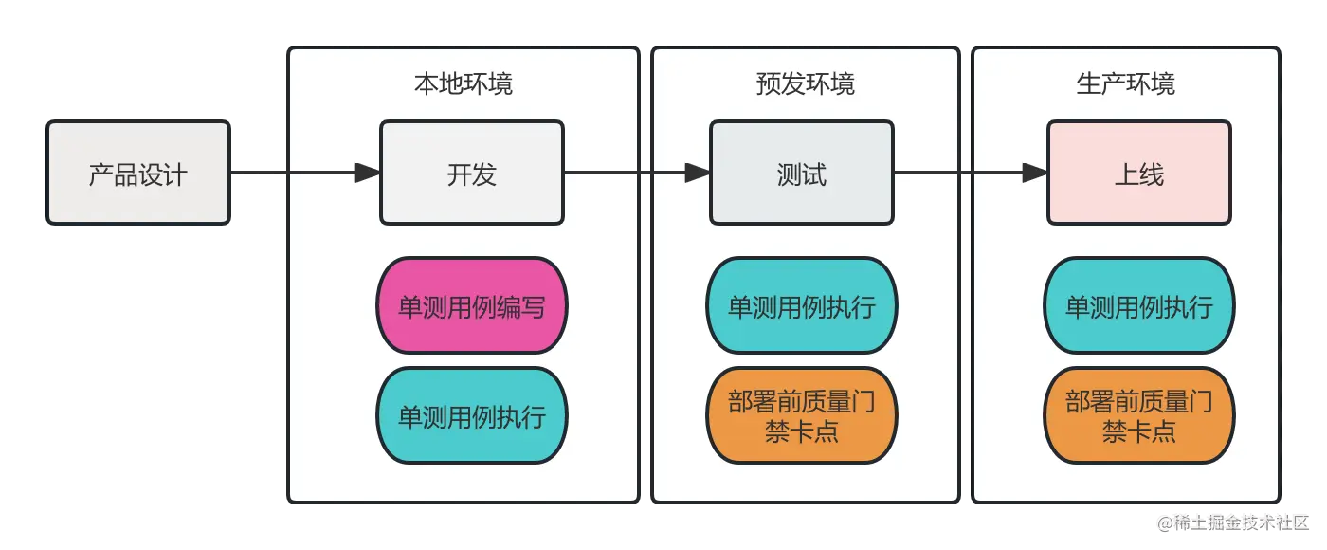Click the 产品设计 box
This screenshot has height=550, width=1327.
click(x=138, y=174)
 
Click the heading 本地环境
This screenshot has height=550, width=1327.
click(x=464, y=83)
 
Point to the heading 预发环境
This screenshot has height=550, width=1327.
click(x=806, y=83)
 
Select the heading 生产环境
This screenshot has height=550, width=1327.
click(x=1126, y=83)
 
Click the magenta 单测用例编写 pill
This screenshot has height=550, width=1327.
click(x=472, y=306)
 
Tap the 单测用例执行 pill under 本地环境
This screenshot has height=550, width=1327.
click(x=472, y=416)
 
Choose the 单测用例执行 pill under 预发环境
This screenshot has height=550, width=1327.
click(x=802, y=306)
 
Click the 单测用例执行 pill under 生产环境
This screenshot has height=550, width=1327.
click(x=1139, y=306)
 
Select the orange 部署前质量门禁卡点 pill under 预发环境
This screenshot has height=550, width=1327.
click(x=802, y=416)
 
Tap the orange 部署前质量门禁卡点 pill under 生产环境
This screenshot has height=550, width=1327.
click(x=1139, y=416)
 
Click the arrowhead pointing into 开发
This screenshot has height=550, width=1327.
click(x=368, y=173)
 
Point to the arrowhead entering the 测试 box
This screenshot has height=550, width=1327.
click(x=698, y=173)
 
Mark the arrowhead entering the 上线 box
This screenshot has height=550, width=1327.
click(x=1035, y=173)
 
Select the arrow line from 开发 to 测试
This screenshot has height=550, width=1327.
click(x=626, y=173)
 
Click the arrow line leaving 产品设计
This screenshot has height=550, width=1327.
click(x=284, y=173)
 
